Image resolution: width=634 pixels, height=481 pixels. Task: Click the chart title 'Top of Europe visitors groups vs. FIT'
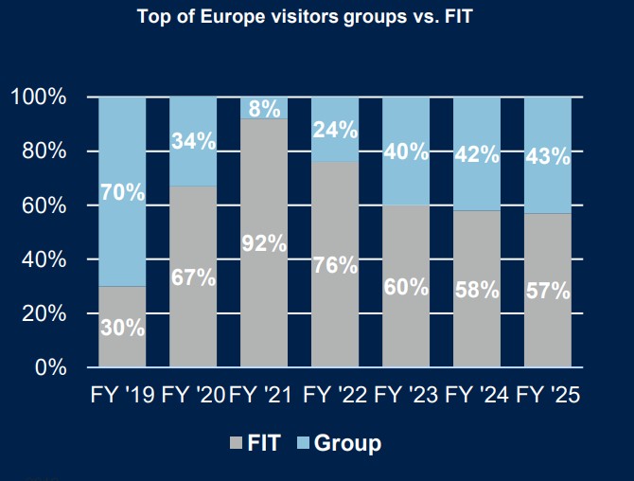tap(316, 16)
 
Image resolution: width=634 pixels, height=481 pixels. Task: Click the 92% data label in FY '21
tap(264, 243)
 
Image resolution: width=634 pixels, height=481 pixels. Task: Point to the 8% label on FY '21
tap(264, 109)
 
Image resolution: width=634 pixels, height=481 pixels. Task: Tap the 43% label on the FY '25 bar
tap(548, 157)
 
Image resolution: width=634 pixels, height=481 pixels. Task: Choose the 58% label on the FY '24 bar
tap(477, 290)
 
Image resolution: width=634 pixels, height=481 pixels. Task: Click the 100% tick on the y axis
tap(39, 98)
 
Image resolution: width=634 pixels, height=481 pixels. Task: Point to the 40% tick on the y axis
tap(44, 259)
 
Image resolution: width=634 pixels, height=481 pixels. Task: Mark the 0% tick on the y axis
tap(49, 367)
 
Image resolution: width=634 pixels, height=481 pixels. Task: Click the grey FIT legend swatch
tap(237, 442)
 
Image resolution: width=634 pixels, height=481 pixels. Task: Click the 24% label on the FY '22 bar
tap(335, 130)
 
